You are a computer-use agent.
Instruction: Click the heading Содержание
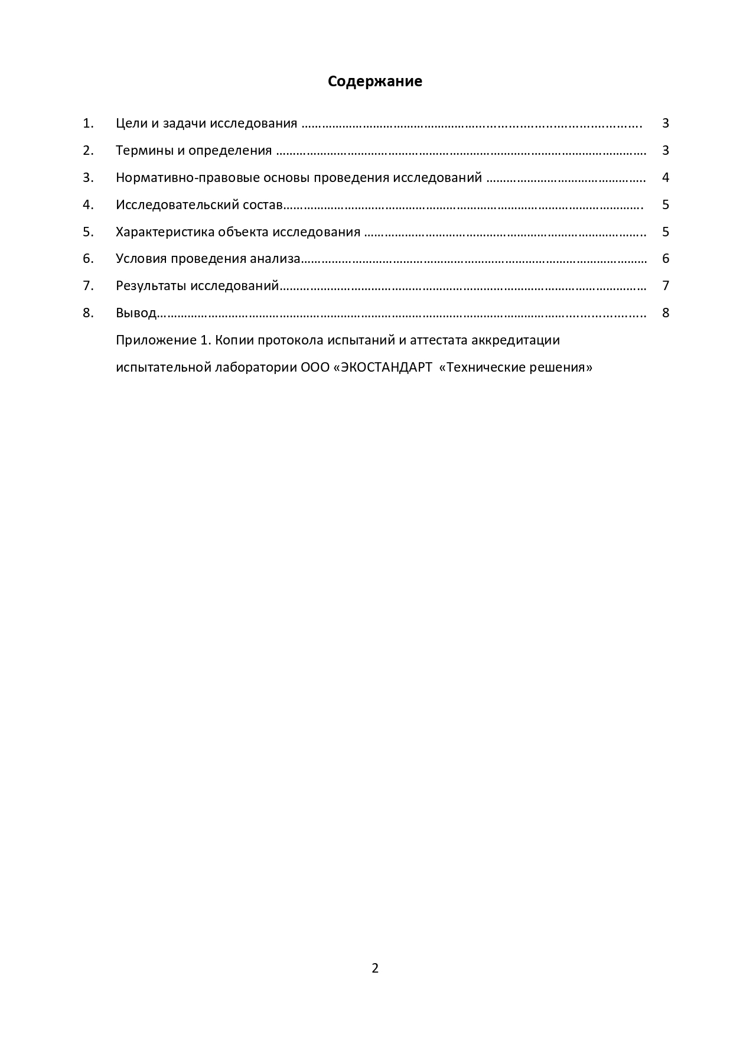click(x=375, y=82)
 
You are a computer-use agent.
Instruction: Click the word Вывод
click(x=136, y=313)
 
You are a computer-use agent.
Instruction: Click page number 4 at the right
click(x=666, y=178)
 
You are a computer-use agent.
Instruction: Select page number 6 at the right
click(x=666, y=259)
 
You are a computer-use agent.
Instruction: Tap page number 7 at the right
click(x=666, y=286)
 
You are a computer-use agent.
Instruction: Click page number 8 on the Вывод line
click(x=666, y=313)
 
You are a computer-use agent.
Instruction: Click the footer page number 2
click(x=375, y=968)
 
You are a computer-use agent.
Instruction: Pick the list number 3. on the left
click(x=88, y=178)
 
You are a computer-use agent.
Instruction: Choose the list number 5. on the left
click(x=88, y=232)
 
